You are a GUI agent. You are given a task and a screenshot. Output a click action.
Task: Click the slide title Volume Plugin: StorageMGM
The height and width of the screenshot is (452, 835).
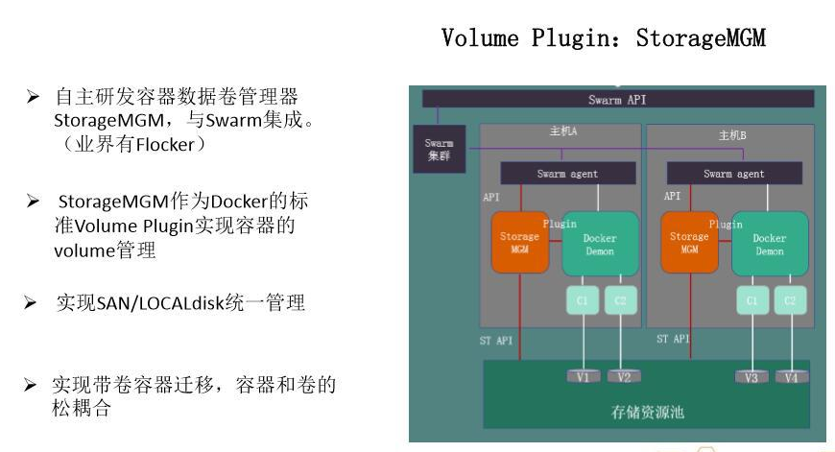pos(603,38)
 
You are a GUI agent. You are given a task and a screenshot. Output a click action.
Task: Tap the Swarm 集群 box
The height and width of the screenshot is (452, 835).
pos(440,149)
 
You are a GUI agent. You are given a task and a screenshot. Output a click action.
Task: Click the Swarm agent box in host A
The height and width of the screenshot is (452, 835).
pos(566,174)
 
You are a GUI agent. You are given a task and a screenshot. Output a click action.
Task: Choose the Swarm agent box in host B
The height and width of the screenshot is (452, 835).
pos(734,174)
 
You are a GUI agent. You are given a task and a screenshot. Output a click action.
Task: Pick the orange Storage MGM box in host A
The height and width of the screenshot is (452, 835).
pos(519,243)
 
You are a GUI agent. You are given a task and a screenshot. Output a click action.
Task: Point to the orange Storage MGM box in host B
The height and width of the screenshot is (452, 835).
pos(689,243)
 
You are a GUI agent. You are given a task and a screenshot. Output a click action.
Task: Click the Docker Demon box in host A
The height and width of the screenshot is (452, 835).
pos(600,245)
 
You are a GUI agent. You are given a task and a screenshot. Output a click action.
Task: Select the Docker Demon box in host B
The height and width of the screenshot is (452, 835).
pos(769,245)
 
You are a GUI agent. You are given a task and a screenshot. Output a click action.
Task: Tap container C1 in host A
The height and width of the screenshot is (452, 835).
pos(583,300)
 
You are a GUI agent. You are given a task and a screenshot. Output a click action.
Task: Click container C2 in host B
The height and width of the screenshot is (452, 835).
pos(790,300)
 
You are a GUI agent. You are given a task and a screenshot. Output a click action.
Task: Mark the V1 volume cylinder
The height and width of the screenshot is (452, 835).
pos(583,377)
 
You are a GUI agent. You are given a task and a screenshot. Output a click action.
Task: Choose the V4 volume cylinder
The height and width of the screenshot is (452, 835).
pos(790,377)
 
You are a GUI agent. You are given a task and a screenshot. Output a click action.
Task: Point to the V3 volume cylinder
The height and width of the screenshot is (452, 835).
pos(751,377)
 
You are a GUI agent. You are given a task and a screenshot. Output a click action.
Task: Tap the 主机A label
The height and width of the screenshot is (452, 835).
pos(563,132)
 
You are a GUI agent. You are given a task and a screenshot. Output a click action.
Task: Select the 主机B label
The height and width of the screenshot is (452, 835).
pos(732,135)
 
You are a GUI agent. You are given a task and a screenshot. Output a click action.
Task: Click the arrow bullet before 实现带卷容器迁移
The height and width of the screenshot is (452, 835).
pos(32,386)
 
